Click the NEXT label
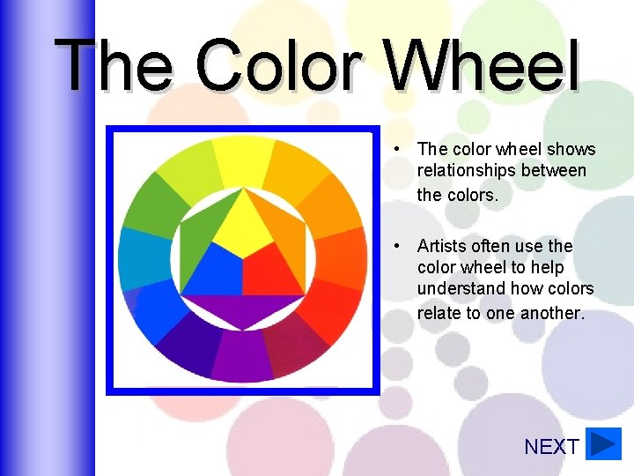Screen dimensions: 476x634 551,447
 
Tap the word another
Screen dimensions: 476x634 552,312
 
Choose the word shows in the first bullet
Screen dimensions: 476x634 571,149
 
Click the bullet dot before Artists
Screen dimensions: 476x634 399,246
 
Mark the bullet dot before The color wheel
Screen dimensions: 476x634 399,149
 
